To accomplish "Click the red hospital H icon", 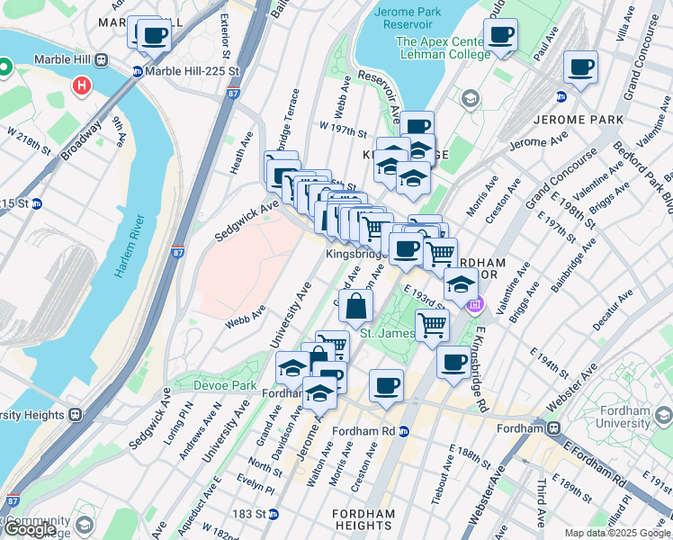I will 82,87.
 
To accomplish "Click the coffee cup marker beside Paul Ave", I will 500,36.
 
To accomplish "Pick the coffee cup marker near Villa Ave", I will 580,67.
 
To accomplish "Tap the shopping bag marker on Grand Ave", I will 356,306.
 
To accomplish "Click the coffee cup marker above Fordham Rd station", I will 386,385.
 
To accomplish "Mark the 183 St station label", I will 254,514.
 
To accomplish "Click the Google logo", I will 31,529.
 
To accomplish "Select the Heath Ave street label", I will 238,161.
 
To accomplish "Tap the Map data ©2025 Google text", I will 617,533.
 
